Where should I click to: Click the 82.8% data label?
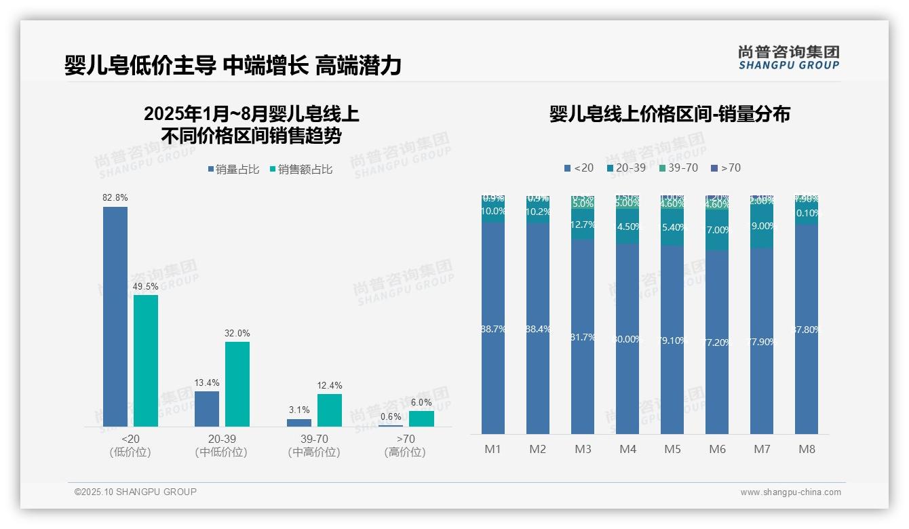coord(115,197)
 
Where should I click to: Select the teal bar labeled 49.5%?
coord(146,360)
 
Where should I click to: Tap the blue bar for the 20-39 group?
coord(207,408)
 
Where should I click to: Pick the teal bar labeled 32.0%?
coord(237,384)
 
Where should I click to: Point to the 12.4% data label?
coord(330,385)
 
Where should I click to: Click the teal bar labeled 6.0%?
coord(421,418)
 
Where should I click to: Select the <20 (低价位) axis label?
coord(130,446)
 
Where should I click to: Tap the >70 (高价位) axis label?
coord(405,446)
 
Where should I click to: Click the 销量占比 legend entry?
coord(233,170)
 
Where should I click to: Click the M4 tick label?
coord(627,450)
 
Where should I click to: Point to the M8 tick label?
coord(807,450)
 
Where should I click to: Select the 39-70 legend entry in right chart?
coord(678,168)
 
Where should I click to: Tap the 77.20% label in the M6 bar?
coord(717,342)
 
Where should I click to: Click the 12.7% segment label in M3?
coord(583,224)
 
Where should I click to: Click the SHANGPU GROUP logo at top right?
coord(788,58)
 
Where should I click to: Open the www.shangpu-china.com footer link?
coord(790,492)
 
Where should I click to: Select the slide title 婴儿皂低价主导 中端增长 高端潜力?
coord(233,66)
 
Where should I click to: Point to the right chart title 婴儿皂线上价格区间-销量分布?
coord(670,114)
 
